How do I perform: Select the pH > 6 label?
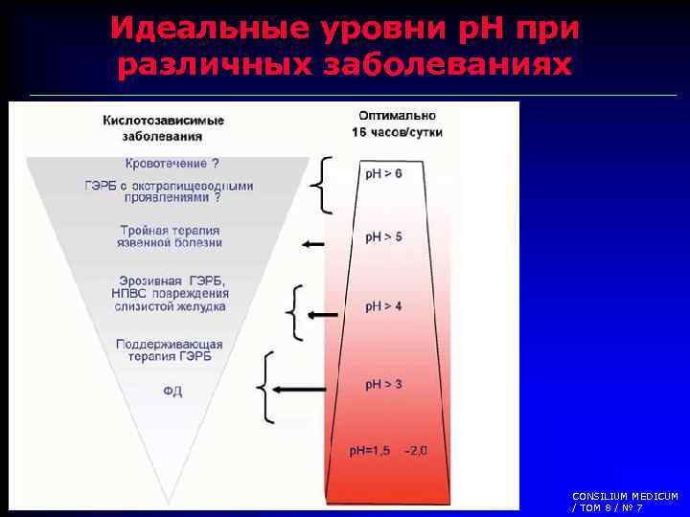[381, 173]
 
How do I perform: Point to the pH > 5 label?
[383, 236]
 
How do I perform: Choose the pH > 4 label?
[383, 307]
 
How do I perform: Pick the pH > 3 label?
[383, 384]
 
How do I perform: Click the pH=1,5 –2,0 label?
[388, 449]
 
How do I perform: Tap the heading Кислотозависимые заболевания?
[164, 128]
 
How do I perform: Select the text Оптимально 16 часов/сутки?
[396, 124]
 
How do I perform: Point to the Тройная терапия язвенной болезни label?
[170, 236]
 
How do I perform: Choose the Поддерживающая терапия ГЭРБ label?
[170, 350]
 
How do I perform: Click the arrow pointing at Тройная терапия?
[312, 245]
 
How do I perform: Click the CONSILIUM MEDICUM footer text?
[624, 501]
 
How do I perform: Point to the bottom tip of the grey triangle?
[169, 501]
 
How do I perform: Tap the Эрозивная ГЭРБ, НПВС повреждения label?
[169, 293]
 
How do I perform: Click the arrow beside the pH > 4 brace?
[322, 314]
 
